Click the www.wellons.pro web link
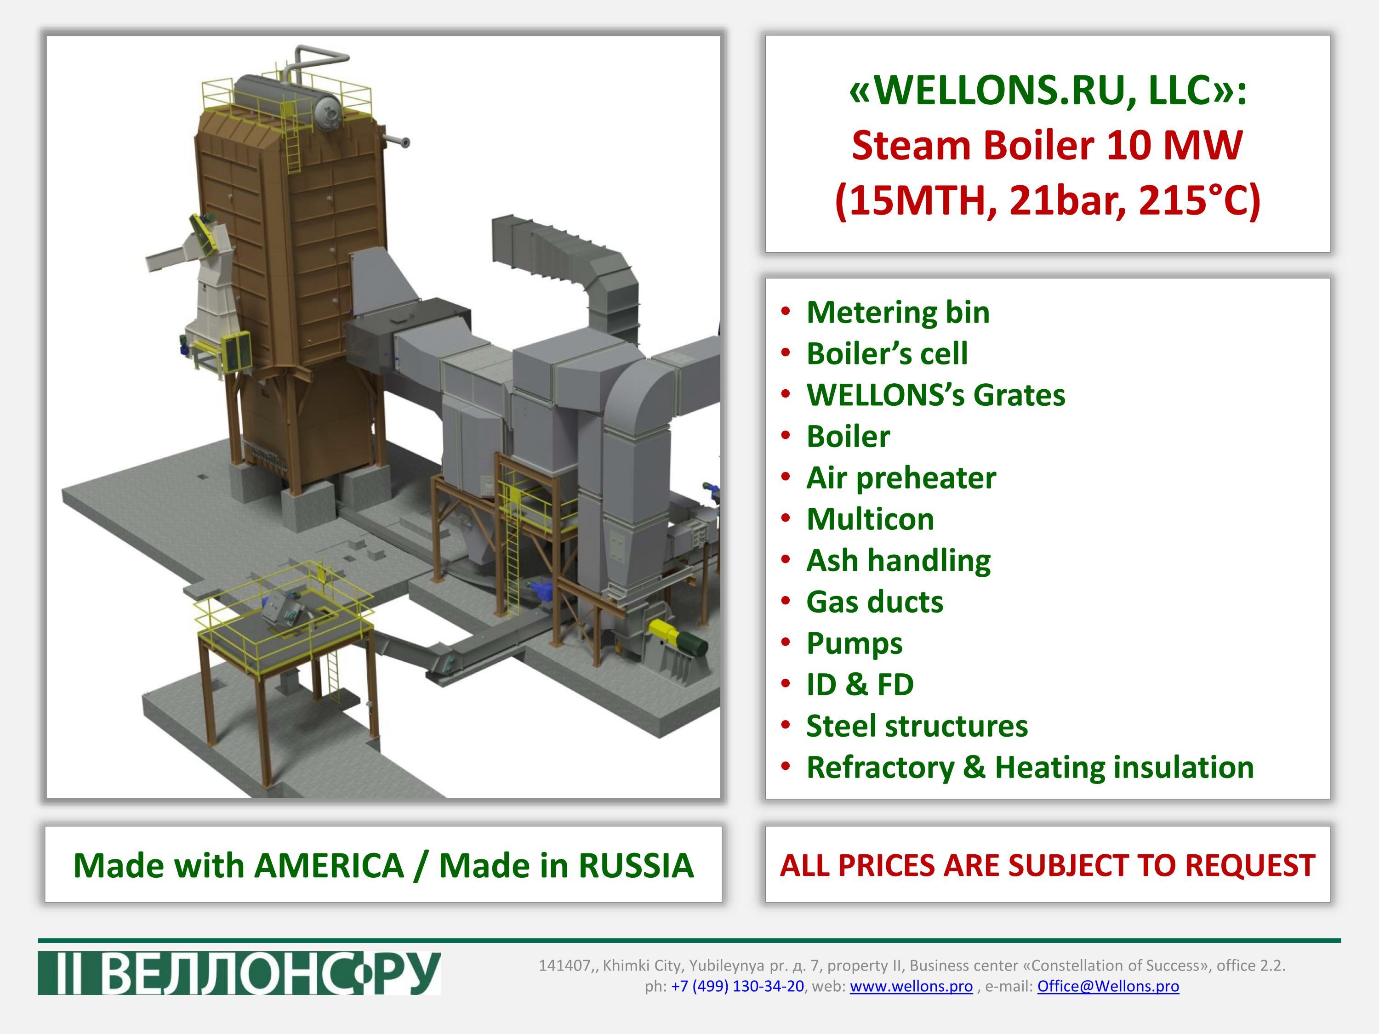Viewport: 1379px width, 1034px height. [911, 986]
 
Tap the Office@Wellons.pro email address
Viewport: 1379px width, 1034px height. [1108, 986]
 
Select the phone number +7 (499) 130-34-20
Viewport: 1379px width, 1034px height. [737, 986]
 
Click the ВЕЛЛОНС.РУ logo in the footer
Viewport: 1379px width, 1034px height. [239, 973]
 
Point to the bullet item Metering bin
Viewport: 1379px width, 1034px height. [898, 312]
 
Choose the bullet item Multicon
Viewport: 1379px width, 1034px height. [870, 519]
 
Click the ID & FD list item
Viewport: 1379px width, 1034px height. [860, 684]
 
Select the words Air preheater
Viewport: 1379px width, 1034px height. [901, 478]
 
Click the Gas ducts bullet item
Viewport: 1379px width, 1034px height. [875, 602]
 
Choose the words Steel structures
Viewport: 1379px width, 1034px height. [917, 726]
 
